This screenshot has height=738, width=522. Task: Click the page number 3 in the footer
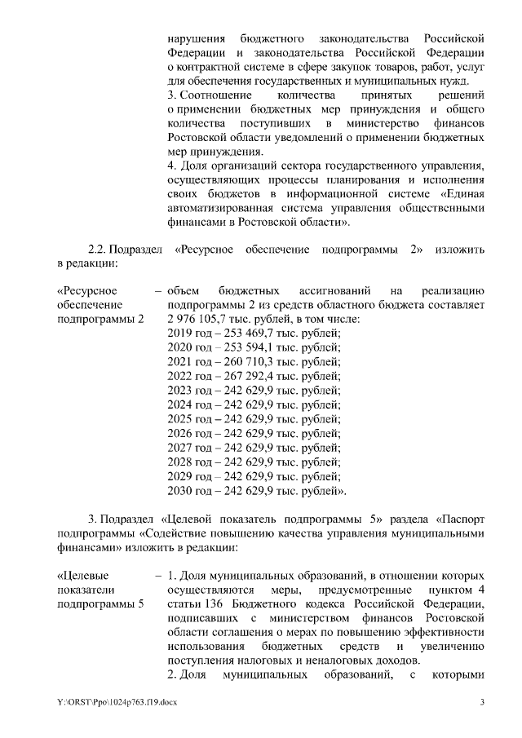481,703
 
